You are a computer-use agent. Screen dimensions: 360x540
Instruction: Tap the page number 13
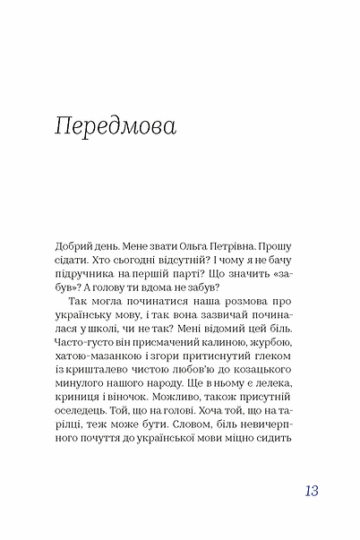click(310, 490)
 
